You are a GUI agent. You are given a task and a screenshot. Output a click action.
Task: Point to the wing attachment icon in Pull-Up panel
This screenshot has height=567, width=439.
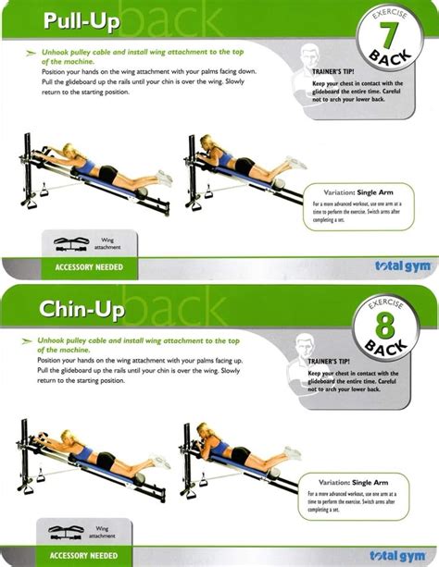[x=72, y=246]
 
